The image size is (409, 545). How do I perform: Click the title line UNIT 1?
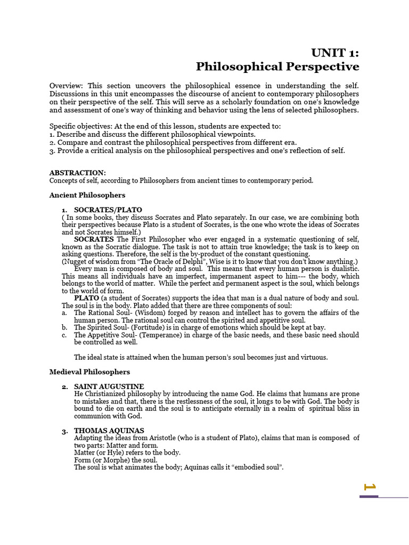(x=335, y=52)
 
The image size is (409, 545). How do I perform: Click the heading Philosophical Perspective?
(x=277, y=67)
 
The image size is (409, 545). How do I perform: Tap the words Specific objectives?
(x=78, y=127)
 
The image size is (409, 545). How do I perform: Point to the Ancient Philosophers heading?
(x=87, y=195)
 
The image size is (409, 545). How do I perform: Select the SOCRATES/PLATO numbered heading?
(x=108, y=210)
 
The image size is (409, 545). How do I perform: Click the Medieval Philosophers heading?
(x=89, y=371)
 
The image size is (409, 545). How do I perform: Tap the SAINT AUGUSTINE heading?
(x=109, y=386)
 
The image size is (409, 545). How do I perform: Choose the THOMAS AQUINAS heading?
(x=109, y=430)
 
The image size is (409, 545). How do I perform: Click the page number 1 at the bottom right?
(x=370, y=486)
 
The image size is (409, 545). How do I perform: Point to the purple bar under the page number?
(x=369, y=497)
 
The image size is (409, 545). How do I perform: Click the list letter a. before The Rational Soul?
(x=64, y=313)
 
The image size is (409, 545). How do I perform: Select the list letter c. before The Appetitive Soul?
(x=64, y=335)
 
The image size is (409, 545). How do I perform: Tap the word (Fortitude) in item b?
(x=142, y=328)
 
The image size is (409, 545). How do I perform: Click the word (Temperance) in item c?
(x=153, y=335)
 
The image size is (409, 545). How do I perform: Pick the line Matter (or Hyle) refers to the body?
(x=127, y=452)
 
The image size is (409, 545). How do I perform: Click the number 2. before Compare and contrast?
(x=52, y=143)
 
